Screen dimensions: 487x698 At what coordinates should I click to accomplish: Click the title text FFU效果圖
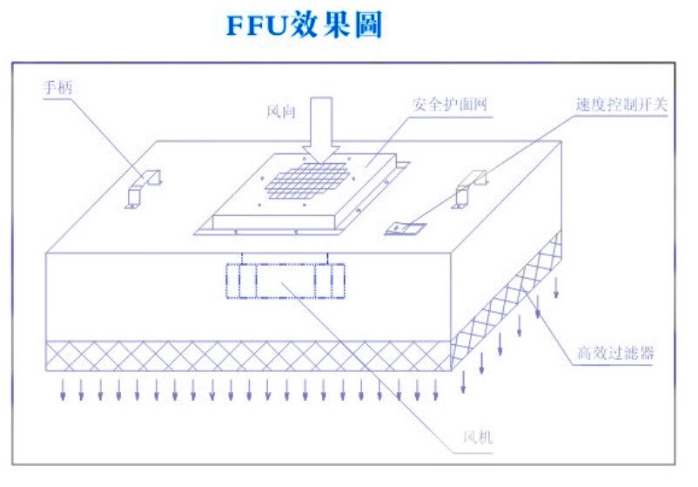point(304,26)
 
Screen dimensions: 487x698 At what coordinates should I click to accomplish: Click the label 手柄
point(57,87)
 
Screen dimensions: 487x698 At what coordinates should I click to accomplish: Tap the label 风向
point(280,112)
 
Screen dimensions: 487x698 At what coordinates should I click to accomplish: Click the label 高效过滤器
point(615,354)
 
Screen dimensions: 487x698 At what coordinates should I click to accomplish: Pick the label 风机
point(477,436)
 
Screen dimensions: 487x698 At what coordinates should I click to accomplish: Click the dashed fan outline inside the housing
point(285,280)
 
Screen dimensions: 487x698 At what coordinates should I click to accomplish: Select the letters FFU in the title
point(253,26)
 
